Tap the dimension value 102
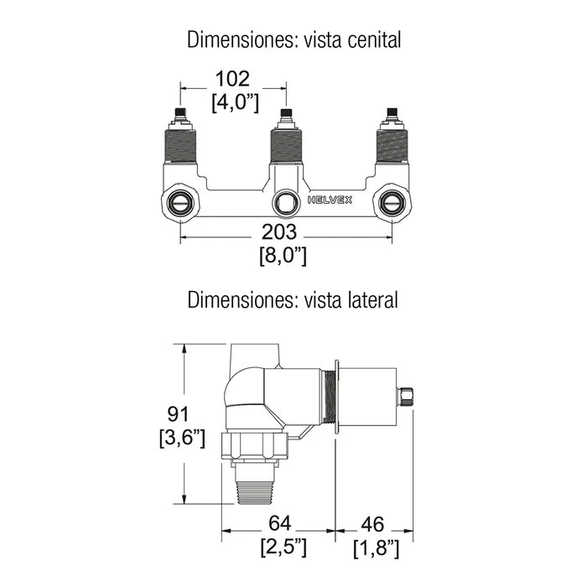[232, 79]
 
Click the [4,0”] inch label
[235, 102]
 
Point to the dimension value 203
[279, 231]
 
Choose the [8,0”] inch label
[283, 256]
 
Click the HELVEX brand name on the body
[330, 200]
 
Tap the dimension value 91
[178, 414]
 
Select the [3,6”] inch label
[182, 438]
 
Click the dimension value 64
[279, 523]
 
